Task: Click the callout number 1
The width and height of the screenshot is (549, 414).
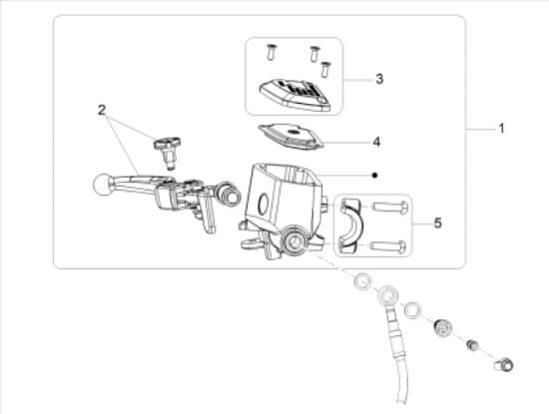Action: click(x=501, y=129)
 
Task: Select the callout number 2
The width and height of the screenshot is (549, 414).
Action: click(x=102, y=111)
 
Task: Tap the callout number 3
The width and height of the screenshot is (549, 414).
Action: click(x=379, y=79)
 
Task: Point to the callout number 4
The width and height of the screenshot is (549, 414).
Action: click(x=376, y=142)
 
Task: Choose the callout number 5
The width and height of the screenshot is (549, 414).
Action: click(x=437, y=222)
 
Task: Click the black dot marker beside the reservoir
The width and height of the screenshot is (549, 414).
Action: click(x=375, y=175)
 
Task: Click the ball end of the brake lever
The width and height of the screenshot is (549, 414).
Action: click(x=102, y=185)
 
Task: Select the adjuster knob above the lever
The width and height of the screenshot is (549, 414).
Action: click(x=167, y=153)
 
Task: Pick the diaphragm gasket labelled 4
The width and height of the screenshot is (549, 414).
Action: click(x=290, y=137)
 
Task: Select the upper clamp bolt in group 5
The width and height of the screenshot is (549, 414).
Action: click(x=389, y=207)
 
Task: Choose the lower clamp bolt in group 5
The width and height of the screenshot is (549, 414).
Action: click(x=388, y=246)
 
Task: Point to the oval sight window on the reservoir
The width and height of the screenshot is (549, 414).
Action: click(x=264, y=203)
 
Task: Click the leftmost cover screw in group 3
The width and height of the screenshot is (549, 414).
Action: click(x=271, y=52)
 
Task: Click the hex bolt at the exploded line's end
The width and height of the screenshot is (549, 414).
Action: click(x=504, y=365)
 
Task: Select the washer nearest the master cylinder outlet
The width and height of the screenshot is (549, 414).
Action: click(x=363, y=281)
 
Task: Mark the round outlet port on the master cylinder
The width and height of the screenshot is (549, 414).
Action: click(x=294, y=240)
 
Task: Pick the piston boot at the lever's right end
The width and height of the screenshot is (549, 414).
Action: click(x=228, y=194)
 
